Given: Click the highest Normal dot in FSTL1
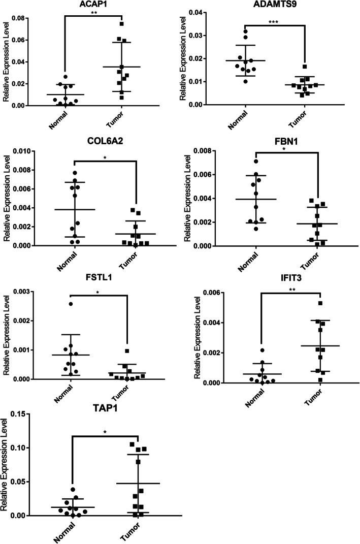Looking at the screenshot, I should click(71, 304).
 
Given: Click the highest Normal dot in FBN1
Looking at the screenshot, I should click(256, 162).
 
